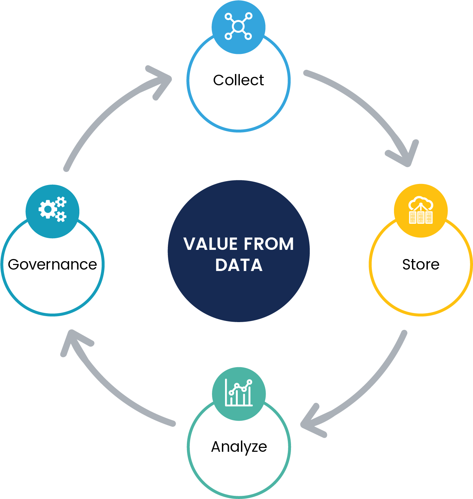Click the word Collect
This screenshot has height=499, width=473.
click(x=238, y=80)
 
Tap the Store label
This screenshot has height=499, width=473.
click(x=421, y=264)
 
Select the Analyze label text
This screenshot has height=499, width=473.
click(x=239, y=447)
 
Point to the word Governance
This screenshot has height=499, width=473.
click(x=52, y=264)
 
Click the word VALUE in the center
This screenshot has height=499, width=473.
click(x=210, y=244)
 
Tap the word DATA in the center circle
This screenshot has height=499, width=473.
click(x=239, y=265)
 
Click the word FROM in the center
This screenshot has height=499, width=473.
click(x=269, y=244)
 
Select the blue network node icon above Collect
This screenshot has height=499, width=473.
click(x=238, y=26)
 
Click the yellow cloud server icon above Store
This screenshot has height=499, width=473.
click(x=420, y=210)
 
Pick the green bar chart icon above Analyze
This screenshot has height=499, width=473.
click(x=239, y=393)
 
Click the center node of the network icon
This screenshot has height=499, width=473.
click(x=238, y=26)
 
